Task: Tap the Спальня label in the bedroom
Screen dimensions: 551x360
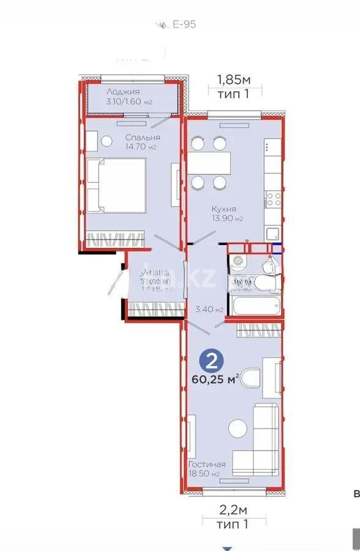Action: coord(143,138)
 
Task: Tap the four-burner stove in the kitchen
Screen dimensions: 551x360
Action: coord(273,198)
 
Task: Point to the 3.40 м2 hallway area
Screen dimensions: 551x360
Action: coord(208,309)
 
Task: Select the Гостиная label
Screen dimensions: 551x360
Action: coord(207,464)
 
